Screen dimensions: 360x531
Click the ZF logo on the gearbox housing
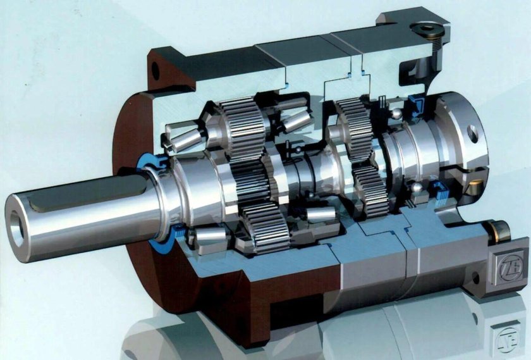pos(510,264)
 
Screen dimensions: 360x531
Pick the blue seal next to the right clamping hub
pos(418,102)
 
